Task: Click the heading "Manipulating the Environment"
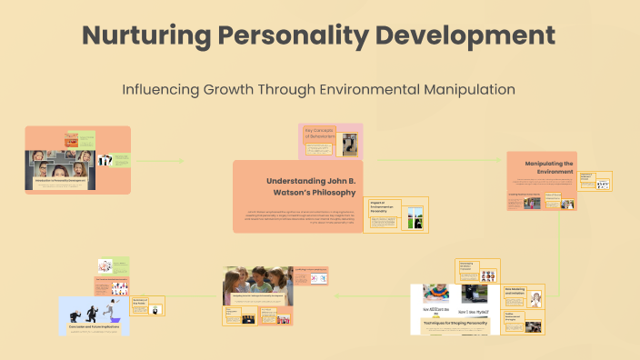pyautogui.click(x=549, y=168)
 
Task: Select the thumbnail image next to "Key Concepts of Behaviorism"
pyautogui.click(x=349, y=144)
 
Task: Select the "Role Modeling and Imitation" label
pyautogui.click(x=516, y=292)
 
